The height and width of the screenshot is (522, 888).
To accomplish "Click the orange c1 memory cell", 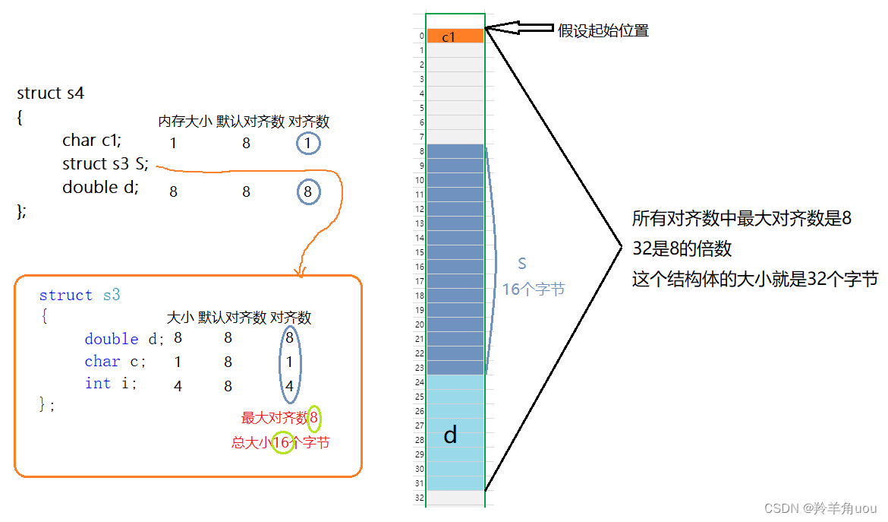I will pos(455,36).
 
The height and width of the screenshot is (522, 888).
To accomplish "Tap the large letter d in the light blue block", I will pos(450,435).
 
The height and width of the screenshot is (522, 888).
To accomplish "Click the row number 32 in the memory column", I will pos(419,498).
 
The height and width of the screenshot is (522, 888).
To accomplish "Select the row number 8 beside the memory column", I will pos(420,151).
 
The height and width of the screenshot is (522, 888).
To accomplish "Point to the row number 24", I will pos(419,382).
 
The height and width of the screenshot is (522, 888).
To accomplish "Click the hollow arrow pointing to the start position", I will pos(519,29).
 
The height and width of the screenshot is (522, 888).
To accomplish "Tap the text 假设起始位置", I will pos(603,31).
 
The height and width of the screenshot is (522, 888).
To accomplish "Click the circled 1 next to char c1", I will pos(308,143).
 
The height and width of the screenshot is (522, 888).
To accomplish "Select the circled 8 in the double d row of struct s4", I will pos(308,192).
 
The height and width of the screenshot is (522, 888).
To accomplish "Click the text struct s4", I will pos(50,93).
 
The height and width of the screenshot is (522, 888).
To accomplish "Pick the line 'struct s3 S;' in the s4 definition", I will pos(105,164).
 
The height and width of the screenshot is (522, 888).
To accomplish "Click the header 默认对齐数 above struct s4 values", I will pos(250,122).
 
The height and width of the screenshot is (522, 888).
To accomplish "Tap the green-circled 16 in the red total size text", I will pos(282,443).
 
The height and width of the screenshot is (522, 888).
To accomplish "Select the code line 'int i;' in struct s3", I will pos(111,384).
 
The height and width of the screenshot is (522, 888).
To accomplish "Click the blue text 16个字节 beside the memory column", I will pos(534,289).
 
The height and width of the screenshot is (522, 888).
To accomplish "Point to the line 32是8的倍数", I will pos(682,248).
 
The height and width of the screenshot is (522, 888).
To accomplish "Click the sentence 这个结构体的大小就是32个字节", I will pos(754,280).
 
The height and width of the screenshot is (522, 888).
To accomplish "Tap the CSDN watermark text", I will pos(820,508).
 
